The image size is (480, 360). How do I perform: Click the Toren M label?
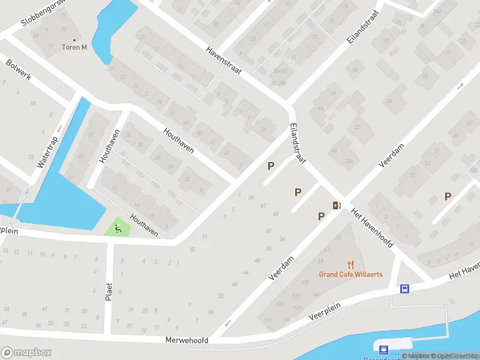pos(75,47)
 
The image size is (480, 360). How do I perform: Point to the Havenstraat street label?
pos(223,61)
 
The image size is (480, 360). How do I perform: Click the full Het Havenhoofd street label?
pos(372,229)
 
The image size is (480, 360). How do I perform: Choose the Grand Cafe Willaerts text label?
pos(350,275)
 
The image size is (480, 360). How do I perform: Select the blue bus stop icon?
pos(405,289)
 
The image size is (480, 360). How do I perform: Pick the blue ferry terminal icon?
pos(382,348)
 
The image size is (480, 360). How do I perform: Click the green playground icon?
pos(118,228)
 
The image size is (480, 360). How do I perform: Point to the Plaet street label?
pos(109,290)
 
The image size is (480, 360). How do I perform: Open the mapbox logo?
pos(26,352)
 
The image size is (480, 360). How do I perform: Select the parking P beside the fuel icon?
pos(322,216)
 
